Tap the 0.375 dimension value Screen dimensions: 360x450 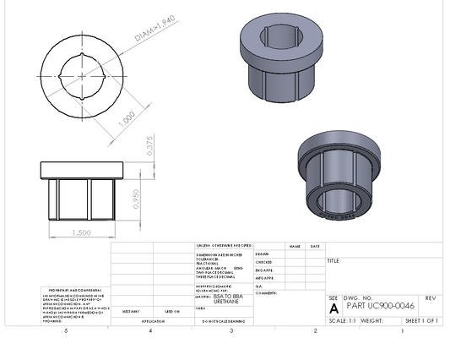pyautogui.click(x=149, y=147)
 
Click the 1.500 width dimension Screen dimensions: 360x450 pyautogui.click(x=82, y=232)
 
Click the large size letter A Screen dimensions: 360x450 pyautogui.click(x=333, y=308)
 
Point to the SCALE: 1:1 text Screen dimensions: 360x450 pyautogui.click(x=342, y=321)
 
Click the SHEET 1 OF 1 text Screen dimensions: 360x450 pyautogui.click(x=422, y=321)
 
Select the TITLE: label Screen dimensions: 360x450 pyautogui.click(x=333, y=261)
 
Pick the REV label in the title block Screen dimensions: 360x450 pyautogui.click(x=431, y=298)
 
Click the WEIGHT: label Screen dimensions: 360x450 pyautogui.click(x=371, y=321)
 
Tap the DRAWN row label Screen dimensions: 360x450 pyautogui.click(x=262, y=254)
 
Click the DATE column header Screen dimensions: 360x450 pyautogui.click(x=315, y=247)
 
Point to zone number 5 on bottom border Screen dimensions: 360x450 pyautogui.click(x=66, y=331)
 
